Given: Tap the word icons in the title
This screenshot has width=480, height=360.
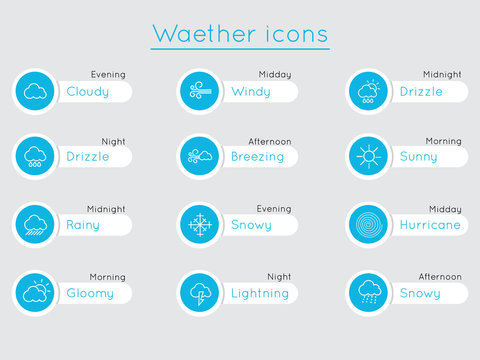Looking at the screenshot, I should tap(294, 34).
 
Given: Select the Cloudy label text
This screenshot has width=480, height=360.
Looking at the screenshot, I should tap(88, 92).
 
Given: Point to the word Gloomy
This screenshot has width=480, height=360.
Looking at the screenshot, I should tap(90, 294).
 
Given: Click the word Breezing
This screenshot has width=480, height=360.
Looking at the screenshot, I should tap(257, 157).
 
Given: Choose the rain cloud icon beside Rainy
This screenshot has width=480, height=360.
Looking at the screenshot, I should tap(35, 225).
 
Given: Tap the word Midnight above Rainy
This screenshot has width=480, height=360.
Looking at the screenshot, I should tap(106, 209).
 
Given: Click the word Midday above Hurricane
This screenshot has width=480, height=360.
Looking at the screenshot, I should tap(445, 209).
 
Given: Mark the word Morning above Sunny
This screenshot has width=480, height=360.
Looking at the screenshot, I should tap(443, 141).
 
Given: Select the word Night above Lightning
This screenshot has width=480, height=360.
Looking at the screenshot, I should tap(279, 277).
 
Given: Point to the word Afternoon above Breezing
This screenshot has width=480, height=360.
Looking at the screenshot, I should tap(270, 141).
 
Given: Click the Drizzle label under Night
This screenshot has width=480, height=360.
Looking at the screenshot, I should tap(89, 157).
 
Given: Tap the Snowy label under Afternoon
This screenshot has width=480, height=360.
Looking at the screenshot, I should tap(419, 293).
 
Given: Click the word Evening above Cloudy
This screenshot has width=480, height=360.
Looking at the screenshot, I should tap(108, 75).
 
